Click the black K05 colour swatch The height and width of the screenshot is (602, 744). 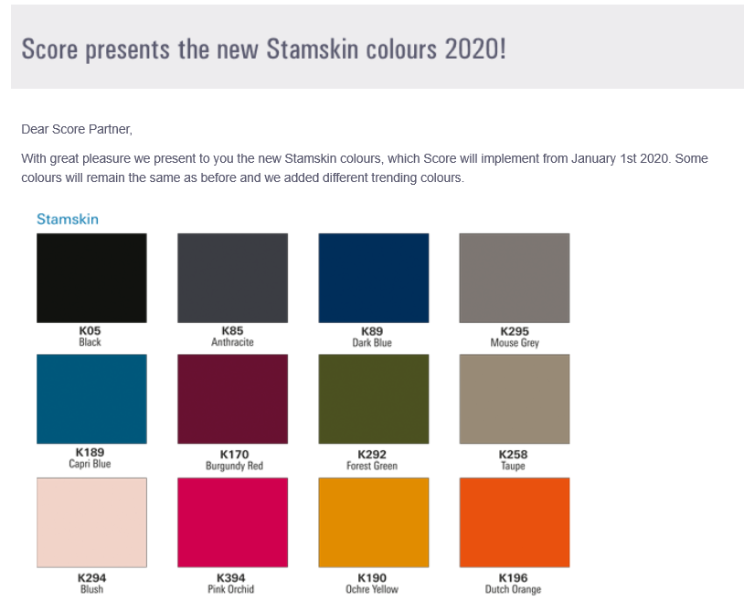pos(91,278)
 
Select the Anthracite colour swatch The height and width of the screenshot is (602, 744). pos(232,278)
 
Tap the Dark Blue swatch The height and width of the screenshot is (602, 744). pos(374,278)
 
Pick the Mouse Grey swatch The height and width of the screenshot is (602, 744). pos(515,278)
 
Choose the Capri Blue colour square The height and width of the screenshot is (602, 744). pos(91,399)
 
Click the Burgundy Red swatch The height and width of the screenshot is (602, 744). pos(232,399)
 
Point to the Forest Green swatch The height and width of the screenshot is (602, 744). pos(374,399)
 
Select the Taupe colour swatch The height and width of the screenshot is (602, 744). pos(515,399)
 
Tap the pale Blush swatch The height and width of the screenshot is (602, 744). pos(91,522)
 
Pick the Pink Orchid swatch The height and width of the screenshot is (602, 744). pos(232,522)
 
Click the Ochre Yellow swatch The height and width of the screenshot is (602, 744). pos(374,522)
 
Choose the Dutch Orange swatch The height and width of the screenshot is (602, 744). pos(515,522)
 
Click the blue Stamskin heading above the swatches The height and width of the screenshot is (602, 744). pos(68,219)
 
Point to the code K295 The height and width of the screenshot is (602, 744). pos(515,331)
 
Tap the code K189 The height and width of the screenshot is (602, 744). pos(90,452)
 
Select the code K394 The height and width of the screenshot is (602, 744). pos(231,578)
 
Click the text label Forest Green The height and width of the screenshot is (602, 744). pos(372,466)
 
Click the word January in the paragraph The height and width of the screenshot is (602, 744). pos(593,158)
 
